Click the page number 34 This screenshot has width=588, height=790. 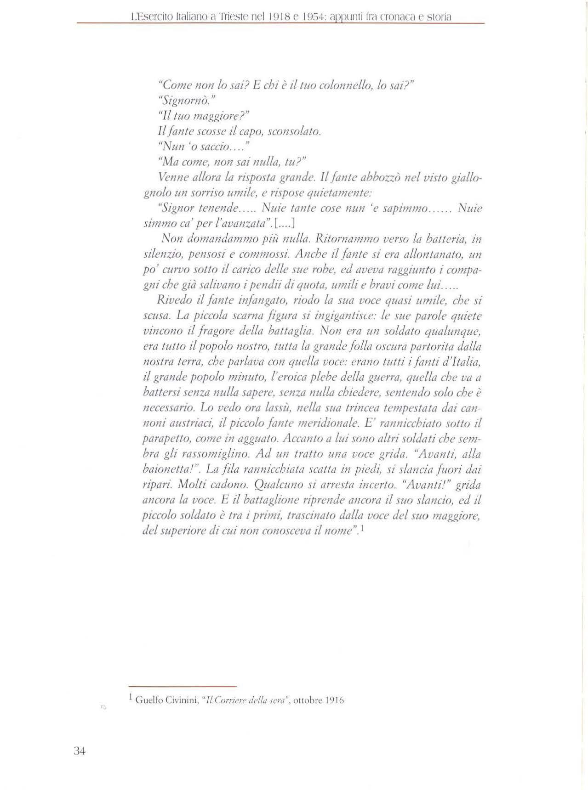(x=80, y=751)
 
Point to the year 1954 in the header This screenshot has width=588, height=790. (x=315, y=17)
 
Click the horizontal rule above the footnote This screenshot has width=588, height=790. (x=183, y=687)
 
